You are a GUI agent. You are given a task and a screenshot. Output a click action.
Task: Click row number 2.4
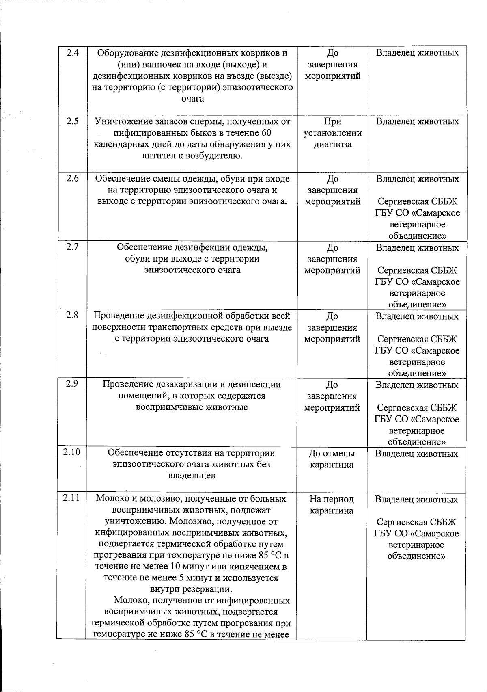72,53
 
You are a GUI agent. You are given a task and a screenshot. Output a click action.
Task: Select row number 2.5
72,121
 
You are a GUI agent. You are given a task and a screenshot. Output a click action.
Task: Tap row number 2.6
72,179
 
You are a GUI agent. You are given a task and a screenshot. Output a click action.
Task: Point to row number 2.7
72,247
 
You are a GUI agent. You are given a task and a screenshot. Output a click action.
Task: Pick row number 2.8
72,316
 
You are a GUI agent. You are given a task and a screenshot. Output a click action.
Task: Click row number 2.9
72,384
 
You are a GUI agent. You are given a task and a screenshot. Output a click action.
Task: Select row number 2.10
71,453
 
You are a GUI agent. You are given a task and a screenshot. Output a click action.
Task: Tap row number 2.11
71,498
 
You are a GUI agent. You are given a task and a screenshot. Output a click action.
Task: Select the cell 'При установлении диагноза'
332,133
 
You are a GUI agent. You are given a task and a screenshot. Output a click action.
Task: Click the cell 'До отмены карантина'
332,459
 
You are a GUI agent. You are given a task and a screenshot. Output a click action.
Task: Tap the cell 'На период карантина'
332,504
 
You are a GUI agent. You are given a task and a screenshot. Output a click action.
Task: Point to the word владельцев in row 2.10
192,476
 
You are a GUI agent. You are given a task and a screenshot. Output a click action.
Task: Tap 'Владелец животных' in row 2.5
417,121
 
